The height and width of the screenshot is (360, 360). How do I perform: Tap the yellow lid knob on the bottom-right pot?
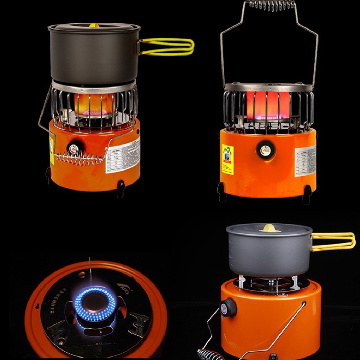(270, 229)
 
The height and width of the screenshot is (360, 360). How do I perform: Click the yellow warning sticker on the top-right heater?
(227, 159)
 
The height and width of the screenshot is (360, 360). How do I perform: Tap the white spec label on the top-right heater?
(305, 160)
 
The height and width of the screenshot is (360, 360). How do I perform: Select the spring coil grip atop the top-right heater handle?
(272, 4)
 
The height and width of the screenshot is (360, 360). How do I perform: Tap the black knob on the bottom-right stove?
(228, 308)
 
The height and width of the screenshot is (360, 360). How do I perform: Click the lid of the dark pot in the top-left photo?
(94, 27)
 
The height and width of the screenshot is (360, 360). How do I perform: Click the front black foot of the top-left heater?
(121, 188)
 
